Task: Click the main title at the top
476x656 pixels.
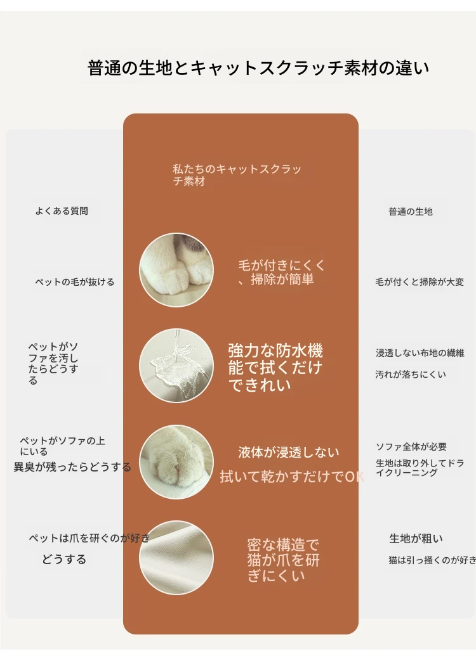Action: point(258,68)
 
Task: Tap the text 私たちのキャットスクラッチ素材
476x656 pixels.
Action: point(237,175)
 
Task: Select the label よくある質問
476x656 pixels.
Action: point(62,211)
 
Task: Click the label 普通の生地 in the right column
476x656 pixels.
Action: point(411,212)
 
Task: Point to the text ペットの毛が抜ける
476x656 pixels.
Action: point(75,282)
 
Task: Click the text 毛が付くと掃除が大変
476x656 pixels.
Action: point(420,282)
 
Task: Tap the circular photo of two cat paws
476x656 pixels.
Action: point(176,270)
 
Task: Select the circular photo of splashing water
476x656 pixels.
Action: point(176,366)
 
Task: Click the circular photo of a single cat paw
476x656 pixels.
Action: point(176,462)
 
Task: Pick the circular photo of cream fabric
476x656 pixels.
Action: point(176,558)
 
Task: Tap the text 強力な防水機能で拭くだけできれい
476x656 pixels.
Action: point(275,368)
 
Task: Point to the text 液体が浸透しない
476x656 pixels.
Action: point(289,453)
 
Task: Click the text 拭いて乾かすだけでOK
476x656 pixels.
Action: point(292,477)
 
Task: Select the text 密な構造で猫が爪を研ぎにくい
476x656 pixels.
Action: point(283,560)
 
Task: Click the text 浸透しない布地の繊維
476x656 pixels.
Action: point(420,353)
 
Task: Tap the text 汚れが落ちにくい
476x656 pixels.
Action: point(411,375)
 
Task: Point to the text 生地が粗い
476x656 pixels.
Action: point(416,539)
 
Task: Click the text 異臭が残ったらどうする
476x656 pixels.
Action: point(72,467)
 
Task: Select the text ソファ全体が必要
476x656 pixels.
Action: point(411,447)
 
